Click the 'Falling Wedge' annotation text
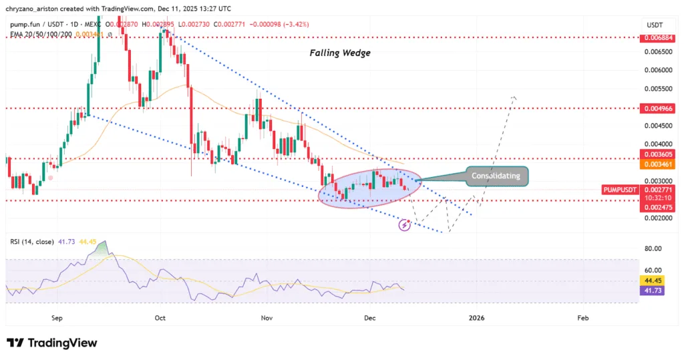339,53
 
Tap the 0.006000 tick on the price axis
654,69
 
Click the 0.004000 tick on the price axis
654,144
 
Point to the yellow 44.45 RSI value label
650,281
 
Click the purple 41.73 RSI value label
650,291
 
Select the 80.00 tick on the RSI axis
653,248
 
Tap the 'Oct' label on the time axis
159,319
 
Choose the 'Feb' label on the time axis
582,319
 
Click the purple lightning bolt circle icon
404,226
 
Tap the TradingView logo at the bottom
52,343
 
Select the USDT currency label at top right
654,24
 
